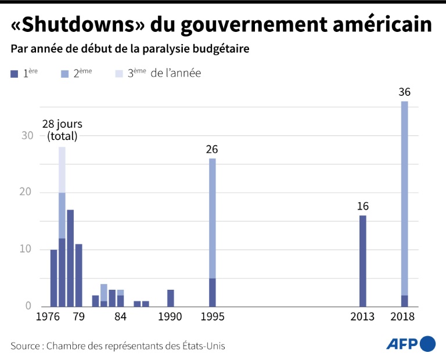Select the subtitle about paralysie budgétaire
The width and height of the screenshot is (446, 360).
130,49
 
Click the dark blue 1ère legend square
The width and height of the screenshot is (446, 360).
15,74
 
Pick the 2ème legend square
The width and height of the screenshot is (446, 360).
64,74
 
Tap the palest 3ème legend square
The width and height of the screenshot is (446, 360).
119,74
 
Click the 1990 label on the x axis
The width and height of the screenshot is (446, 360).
170,317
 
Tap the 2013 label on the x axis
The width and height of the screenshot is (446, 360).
362,317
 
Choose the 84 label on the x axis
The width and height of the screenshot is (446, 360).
120,317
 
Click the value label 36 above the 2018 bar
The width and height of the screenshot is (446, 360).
404,92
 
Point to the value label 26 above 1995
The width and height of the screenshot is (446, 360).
212,149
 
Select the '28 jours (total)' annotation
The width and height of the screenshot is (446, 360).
62,130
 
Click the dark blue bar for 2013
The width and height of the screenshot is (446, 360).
362,261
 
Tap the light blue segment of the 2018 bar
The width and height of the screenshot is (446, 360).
404,197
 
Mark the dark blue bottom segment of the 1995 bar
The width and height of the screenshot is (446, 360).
212,292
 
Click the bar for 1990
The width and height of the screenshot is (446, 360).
170,298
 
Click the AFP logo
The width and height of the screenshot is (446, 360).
411,344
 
